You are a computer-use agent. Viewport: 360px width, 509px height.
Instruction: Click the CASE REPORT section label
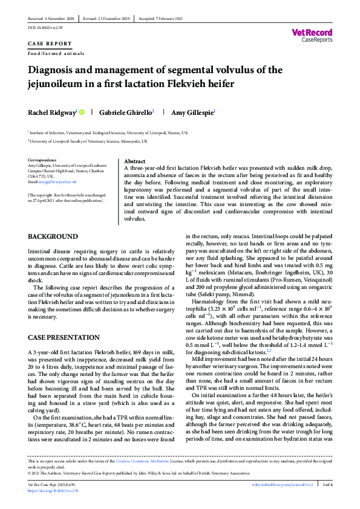50,44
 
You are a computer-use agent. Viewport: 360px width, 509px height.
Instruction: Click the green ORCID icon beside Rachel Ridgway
80,112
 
